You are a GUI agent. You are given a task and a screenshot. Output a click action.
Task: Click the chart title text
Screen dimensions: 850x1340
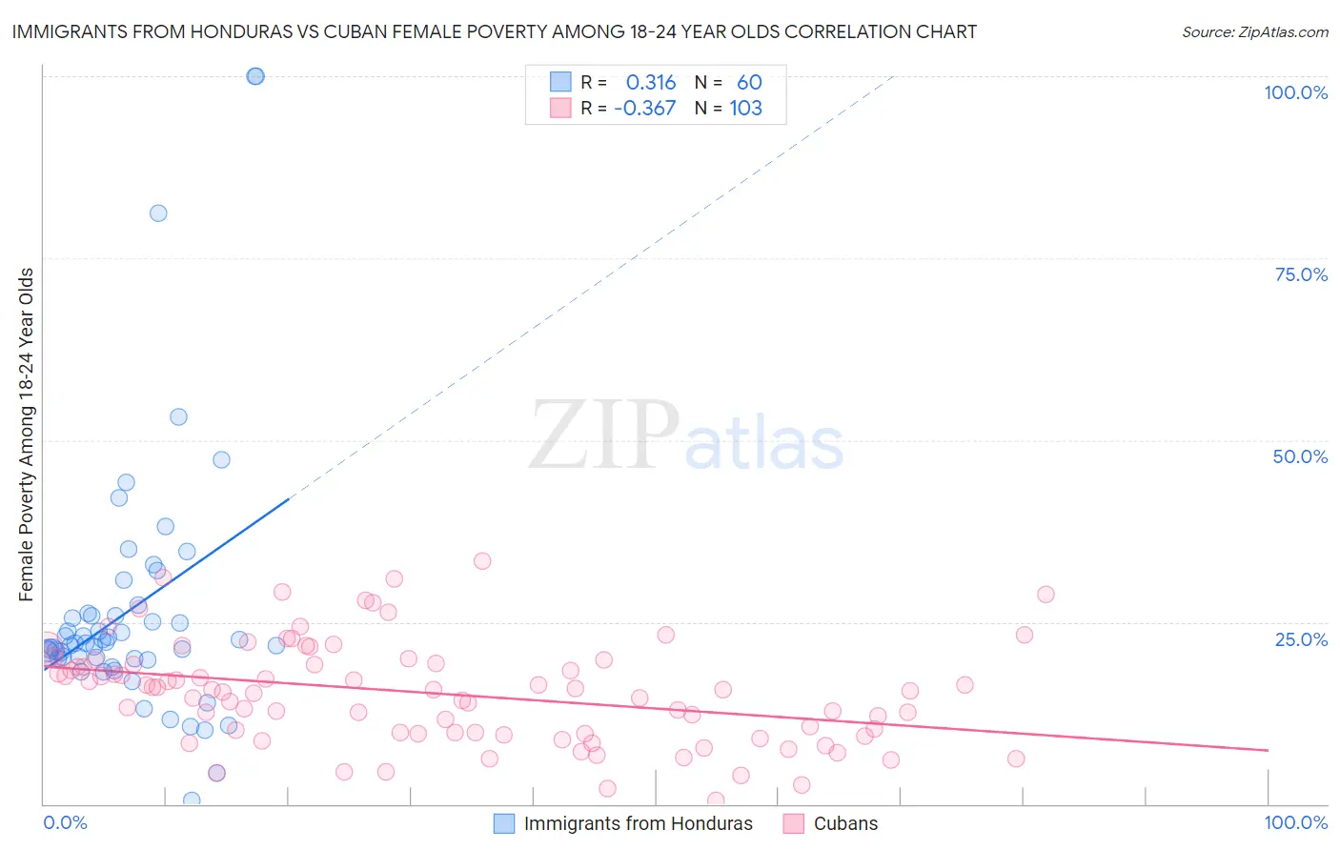[x=494, y=31]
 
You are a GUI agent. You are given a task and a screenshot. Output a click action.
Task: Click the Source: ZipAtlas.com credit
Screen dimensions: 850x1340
[x=1254, y=31]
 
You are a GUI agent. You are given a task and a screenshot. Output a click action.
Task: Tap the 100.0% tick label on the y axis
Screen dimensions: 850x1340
[x=1295, y=92]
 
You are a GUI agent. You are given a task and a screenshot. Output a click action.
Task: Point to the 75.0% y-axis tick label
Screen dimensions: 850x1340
[x=1301, y=274]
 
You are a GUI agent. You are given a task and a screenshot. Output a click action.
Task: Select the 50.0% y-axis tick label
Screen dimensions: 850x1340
[x=1300, y=456]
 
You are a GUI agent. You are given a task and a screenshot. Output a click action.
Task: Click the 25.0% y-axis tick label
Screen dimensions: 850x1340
[x=1301, y=638]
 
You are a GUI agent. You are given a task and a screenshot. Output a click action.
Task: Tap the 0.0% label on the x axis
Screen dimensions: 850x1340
[x=65, y=822]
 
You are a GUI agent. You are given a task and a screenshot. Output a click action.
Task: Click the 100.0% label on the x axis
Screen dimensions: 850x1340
[x=1295, y=822]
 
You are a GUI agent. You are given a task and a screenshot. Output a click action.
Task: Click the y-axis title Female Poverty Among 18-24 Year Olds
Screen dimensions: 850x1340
[x=27, y=435]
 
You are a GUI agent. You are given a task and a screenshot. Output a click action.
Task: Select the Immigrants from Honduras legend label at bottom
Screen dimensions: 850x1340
[x=638, y=823]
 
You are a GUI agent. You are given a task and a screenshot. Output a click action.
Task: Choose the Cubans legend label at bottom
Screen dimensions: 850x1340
[x=845, y=823]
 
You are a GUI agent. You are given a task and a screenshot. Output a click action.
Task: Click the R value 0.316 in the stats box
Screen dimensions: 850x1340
[x=650, y=83]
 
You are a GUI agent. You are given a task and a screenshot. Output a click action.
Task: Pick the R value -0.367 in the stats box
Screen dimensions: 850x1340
[x=644, y=109]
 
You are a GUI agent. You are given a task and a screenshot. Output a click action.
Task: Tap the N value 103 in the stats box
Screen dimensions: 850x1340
[x=745, y=109]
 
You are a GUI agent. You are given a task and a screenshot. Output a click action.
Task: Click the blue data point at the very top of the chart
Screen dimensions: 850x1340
[x=255, y=76]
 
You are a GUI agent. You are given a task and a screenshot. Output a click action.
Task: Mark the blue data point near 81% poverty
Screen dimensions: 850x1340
[x=158, y=213]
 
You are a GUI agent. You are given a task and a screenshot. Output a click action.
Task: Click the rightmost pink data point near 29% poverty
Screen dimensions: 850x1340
[x=1046, y=595]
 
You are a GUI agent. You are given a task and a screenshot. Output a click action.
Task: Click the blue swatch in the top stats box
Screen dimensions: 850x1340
[x=560, y=82]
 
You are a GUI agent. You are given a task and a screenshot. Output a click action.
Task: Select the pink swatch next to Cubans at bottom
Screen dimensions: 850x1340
[x=793, y=823]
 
